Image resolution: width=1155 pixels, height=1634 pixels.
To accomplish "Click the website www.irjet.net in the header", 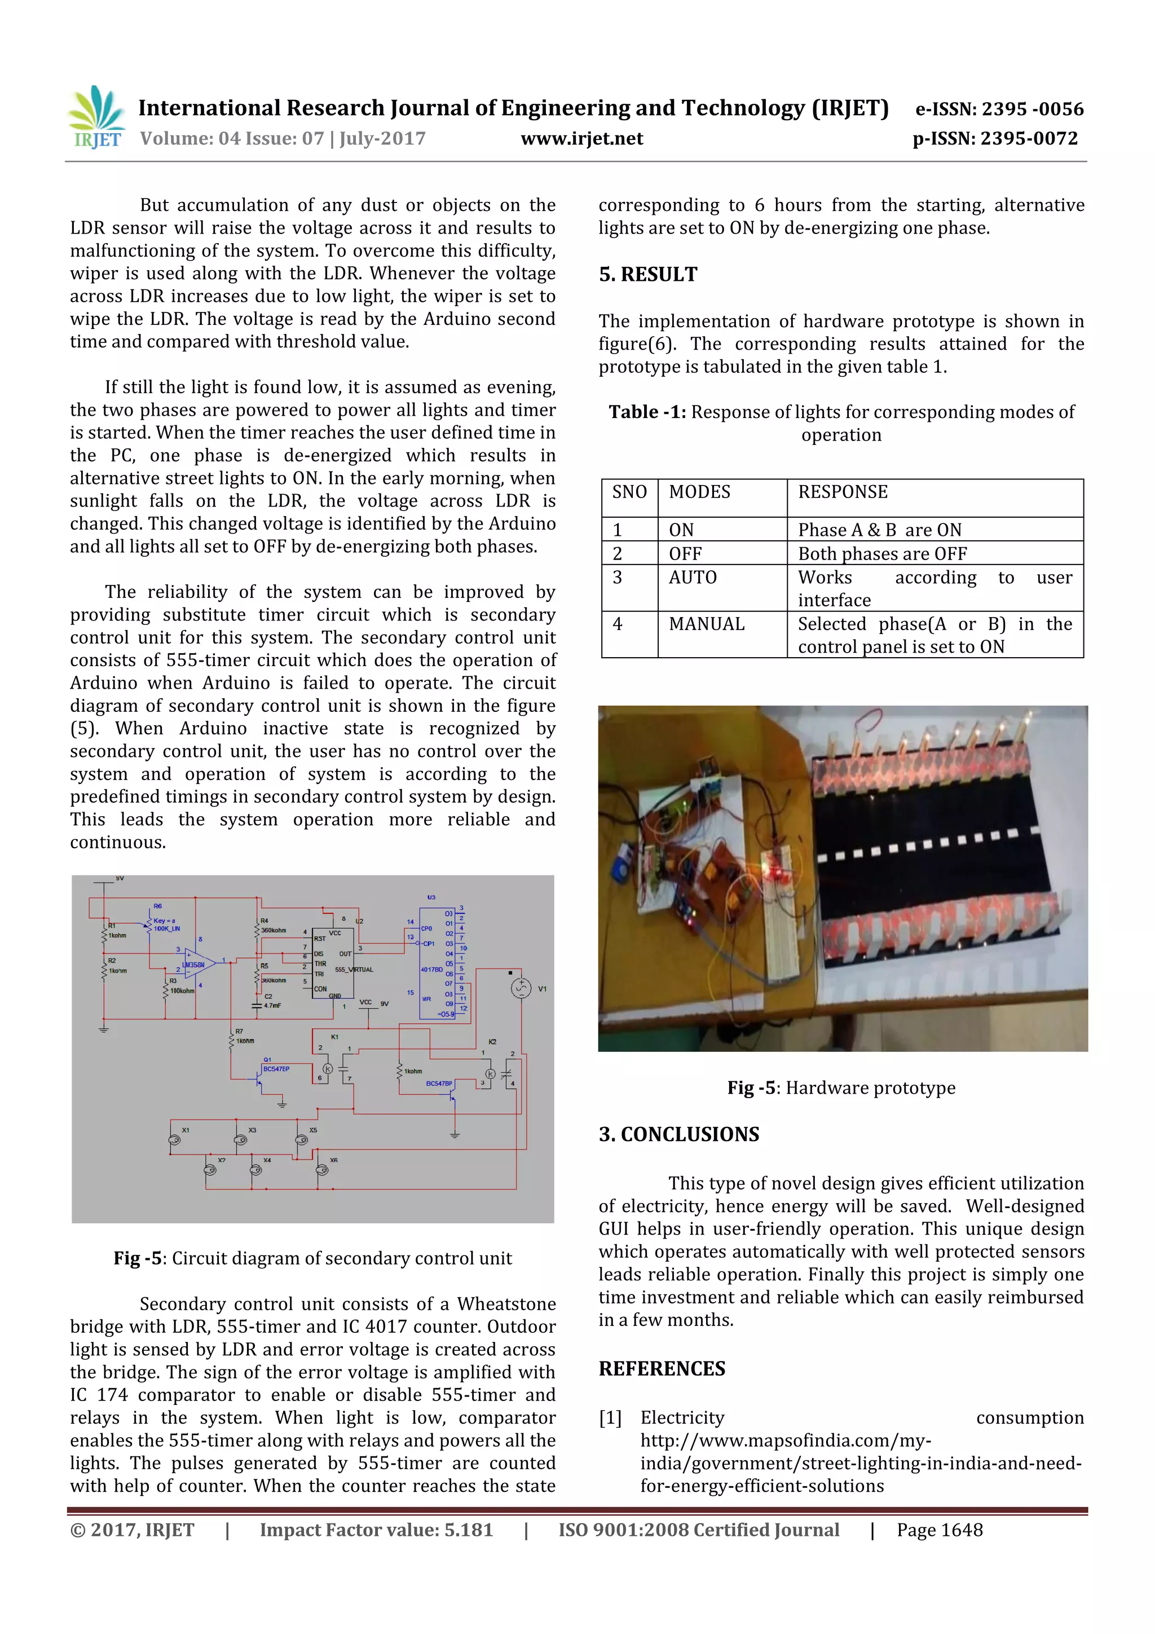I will (581, 139).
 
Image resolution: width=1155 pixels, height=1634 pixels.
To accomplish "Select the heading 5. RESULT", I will (647, 275).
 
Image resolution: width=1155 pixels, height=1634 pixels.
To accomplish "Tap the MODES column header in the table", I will (699, 492).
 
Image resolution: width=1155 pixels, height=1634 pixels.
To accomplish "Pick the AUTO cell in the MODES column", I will (693, 577).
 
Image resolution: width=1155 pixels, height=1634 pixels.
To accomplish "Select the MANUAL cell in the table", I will (706, 624).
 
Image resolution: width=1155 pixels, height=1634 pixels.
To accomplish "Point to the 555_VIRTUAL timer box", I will (332, 962).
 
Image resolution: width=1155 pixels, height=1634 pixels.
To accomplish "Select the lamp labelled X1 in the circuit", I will (174, 1139).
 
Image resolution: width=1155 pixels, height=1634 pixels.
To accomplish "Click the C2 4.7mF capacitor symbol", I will (257, 1006).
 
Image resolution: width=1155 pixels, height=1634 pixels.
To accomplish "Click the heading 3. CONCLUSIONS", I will (678, 1134).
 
